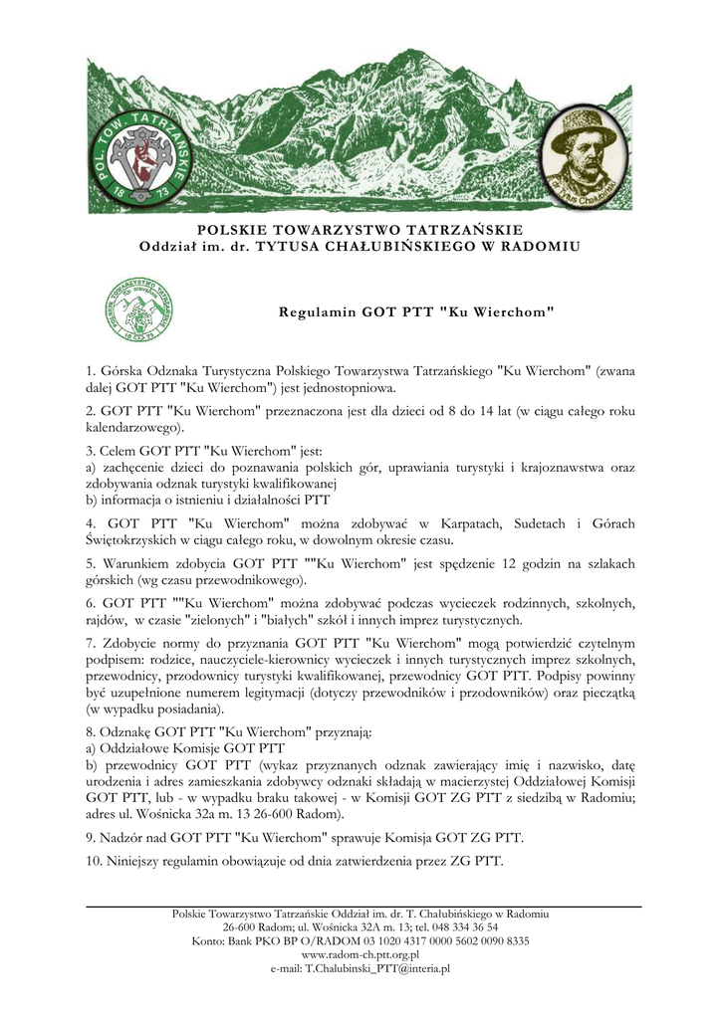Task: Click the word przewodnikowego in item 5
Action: pyautogui.click(x=248, y=580)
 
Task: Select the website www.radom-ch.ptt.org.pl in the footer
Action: pyautogui.click(x=360, y=953)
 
